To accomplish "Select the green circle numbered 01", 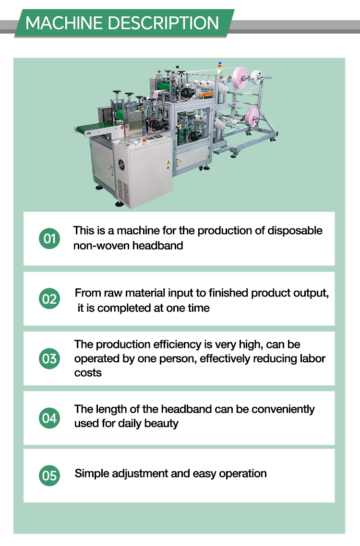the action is point(49,238).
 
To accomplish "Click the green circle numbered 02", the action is point(49,299).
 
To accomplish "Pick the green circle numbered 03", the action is point(49,359).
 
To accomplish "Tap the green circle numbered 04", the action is point(49,418).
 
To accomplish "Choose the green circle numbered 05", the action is point(49,475).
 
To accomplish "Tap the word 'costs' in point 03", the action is point(88,373).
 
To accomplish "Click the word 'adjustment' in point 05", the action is point(140,474).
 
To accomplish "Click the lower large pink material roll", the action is point(252,118).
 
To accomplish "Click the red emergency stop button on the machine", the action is point(144,141).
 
